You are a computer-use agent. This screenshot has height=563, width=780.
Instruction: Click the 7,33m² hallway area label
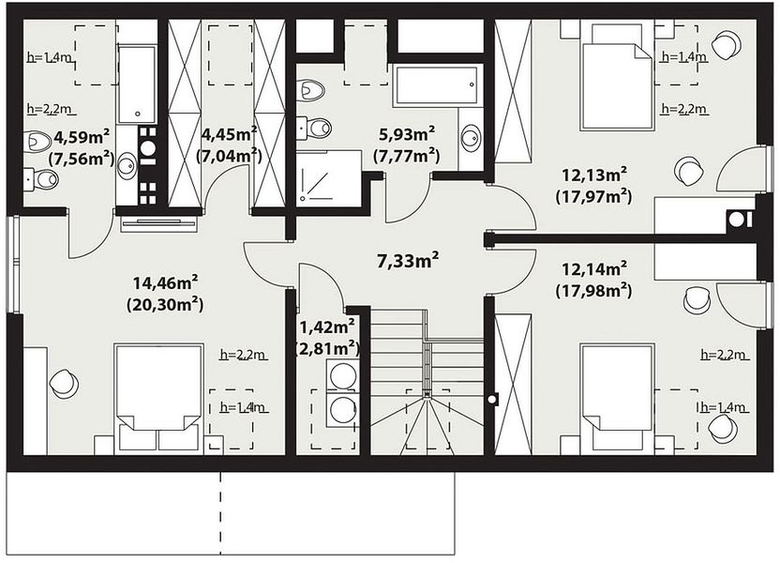(408, 260)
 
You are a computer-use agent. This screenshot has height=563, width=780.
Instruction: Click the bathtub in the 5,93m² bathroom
(436, 85)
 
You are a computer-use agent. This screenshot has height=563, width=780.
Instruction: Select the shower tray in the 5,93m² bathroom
(329, 178)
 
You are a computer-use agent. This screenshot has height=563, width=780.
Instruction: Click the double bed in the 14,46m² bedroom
(158, 398)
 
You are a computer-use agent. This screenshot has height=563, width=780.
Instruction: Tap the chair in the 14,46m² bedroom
(65, 383)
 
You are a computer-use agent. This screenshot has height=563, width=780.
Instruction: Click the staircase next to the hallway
(427, 382)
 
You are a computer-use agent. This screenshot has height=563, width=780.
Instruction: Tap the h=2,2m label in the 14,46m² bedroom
(243, 355)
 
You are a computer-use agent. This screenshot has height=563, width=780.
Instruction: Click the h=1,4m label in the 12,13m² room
(684, 56)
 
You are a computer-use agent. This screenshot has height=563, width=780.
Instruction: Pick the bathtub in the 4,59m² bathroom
(137, 84)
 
